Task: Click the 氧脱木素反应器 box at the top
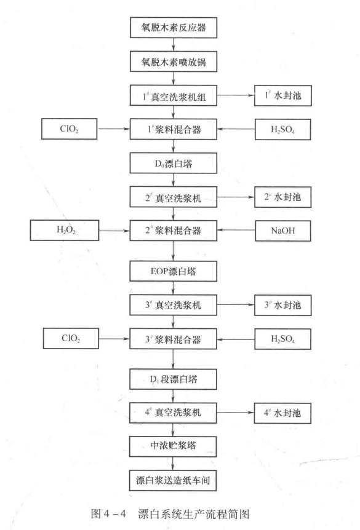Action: pyautogui.click(x=175, y=28)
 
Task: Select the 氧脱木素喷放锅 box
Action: pyautogui.click(x=175, y=61)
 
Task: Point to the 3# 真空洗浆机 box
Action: pyautogui.click(x=175, y=303)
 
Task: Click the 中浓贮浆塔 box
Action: pyautogui.click(x=175, y=442)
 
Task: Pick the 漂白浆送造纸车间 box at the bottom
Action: pyautogui.click(x=175, y=476)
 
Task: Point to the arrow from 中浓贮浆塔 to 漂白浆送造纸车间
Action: pyautogui.click(x=175, y=459)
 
